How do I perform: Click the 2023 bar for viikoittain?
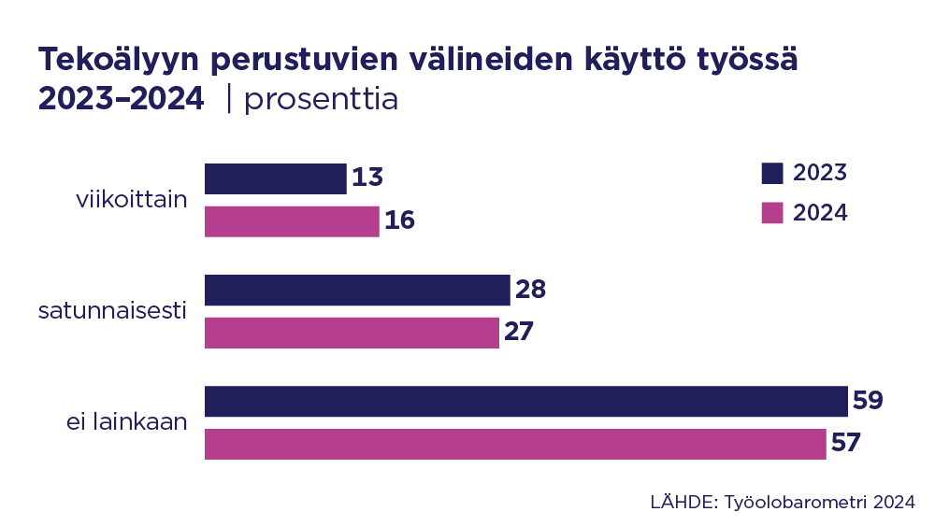click(x=275, y=178)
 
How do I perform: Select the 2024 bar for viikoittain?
click(x=292, y=221)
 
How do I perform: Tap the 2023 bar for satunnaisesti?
click(x=357, y=290)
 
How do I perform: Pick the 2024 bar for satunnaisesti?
click(x=352, y=333)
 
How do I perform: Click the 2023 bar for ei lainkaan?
click(x=525, y=401)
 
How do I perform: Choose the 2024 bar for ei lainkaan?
click(x=515, y=444)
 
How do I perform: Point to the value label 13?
click(x=368, y=178)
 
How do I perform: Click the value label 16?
click(x=400, y=221)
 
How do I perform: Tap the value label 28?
click(x=530, y=290)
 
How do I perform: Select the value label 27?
click(x=519, y=333)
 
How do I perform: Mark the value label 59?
click(x=868, y=401)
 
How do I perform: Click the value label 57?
click(x=845, y=444)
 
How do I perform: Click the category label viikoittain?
click(x=132, y=200)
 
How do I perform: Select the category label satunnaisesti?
click(x=113, y=311)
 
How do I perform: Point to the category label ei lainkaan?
click(x=126, y=422)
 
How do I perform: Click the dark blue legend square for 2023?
click(x=771, y=173)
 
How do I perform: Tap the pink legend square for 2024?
click(x=771, y=213)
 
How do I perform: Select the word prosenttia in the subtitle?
click(x=321, y=100)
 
